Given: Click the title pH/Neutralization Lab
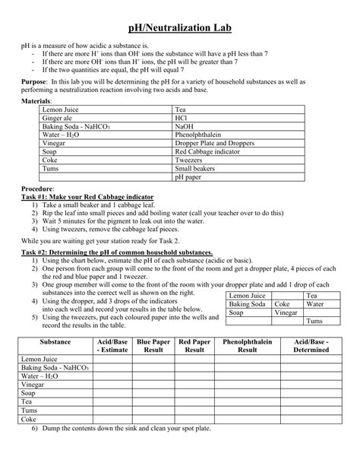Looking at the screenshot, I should click(x=179, y=28).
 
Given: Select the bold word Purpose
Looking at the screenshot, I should click(x=33, y=80).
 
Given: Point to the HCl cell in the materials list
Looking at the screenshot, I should click(x=182, y=118).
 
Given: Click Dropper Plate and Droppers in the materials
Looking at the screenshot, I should click(x=213, y=143).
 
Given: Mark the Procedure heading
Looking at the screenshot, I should click(x=37, y=189).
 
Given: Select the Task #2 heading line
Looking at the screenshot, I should click(x=117, y=252).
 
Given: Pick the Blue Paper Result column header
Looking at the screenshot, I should click(x=153, y=346).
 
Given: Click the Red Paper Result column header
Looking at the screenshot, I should click(x=194, y=346).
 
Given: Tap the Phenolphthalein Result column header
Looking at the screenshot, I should click(x=248, y=346).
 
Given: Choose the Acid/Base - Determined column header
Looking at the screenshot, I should click(x=311, y=346).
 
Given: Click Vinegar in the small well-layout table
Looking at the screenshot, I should click(x=286, y=312).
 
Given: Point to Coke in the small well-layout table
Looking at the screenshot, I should click(x=282, y=303).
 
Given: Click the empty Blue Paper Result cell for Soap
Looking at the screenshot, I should click(x=153, y=393).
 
